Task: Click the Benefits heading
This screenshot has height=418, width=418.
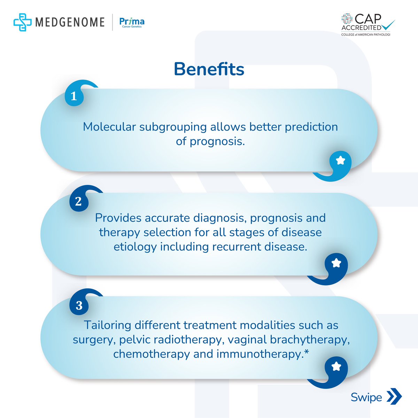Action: [209, 69]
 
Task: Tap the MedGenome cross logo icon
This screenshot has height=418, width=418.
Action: [22, 22]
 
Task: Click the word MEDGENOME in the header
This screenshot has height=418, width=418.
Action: [70, 22]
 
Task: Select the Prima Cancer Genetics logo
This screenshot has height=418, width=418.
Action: [132, 22]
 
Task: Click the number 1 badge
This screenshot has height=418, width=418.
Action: [73, 96]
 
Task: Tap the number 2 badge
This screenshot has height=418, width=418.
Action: [78, 201]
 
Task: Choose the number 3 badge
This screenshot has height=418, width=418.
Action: [79, 305]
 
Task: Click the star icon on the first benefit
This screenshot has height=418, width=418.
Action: [340, 161]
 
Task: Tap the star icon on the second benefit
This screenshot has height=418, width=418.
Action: [336, 263]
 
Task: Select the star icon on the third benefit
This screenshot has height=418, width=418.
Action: [336, 366]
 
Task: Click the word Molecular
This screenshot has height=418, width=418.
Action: [109, 127]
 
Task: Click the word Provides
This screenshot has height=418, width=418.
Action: [118, 218]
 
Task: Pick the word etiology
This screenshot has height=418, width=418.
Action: [135, 247]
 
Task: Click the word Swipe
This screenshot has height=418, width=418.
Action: [366, 397]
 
